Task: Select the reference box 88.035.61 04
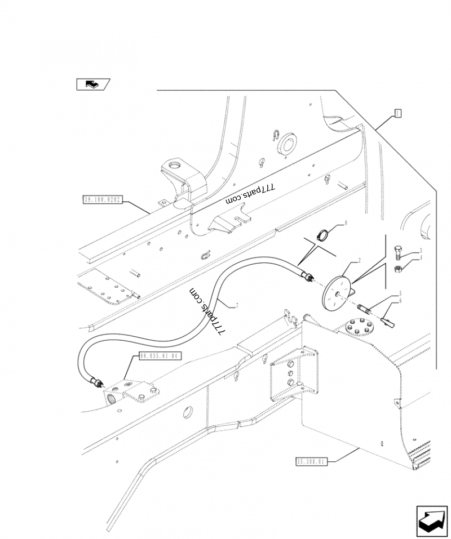pyautogui.click(x=160, y=356)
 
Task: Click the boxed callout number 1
pyautogui.click(x=397, y=113)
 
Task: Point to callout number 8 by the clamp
pyautogui.click(x=346, y=223)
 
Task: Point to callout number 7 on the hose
pyautogui.click(x=237, y=306)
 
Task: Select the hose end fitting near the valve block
pyautogui.click(x=96, y=384)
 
